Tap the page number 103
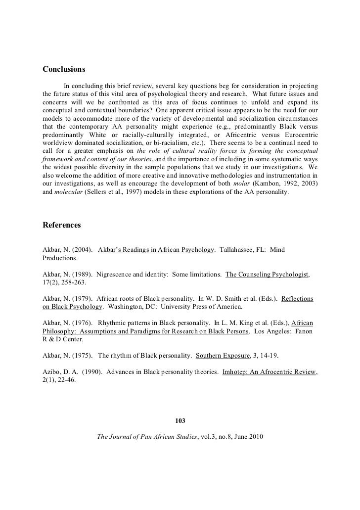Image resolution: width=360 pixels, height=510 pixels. [x=180, y=421]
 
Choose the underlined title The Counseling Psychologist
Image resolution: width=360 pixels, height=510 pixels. [x=267, y=274]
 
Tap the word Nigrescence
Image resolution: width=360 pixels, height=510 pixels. [x=117, y=274]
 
